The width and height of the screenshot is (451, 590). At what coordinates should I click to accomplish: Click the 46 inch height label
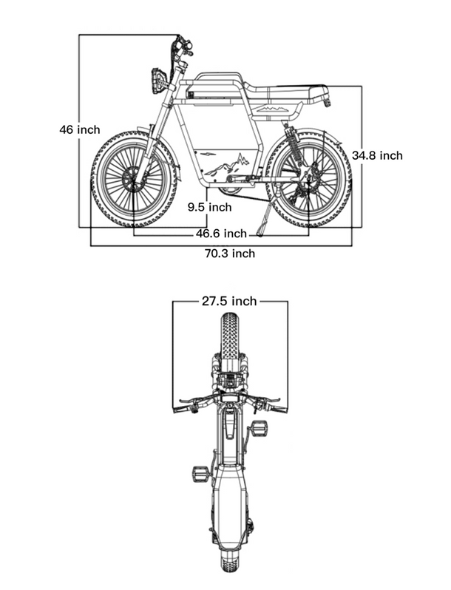click(x=79, y=129)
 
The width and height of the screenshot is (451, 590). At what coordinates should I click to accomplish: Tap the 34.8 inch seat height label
click(x=377, y=155)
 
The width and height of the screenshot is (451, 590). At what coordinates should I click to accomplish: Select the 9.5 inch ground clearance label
click(x=209, y=208)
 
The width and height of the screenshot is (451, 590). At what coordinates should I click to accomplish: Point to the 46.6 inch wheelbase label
click(x=221, y=234)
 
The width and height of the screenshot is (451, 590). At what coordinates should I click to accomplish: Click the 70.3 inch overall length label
click(x=229, y=254)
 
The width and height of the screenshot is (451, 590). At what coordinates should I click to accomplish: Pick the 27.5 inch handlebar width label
click(x=229, y=301)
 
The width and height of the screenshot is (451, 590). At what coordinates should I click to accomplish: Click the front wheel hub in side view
click(x=133, y=180)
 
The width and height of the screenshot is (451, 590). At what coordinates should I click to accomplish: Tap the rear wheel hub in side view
click(x=308, y=180)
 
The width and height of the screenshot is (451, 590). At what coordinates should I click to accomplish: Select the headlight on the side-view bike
click(x=157, y=80)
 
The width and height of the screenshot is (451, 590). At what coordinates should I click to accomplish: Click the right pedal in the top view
click(x=259, y=429)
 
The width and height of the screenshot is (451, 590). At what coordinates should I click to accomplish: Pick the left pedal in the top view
click(x=200, y=473)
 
